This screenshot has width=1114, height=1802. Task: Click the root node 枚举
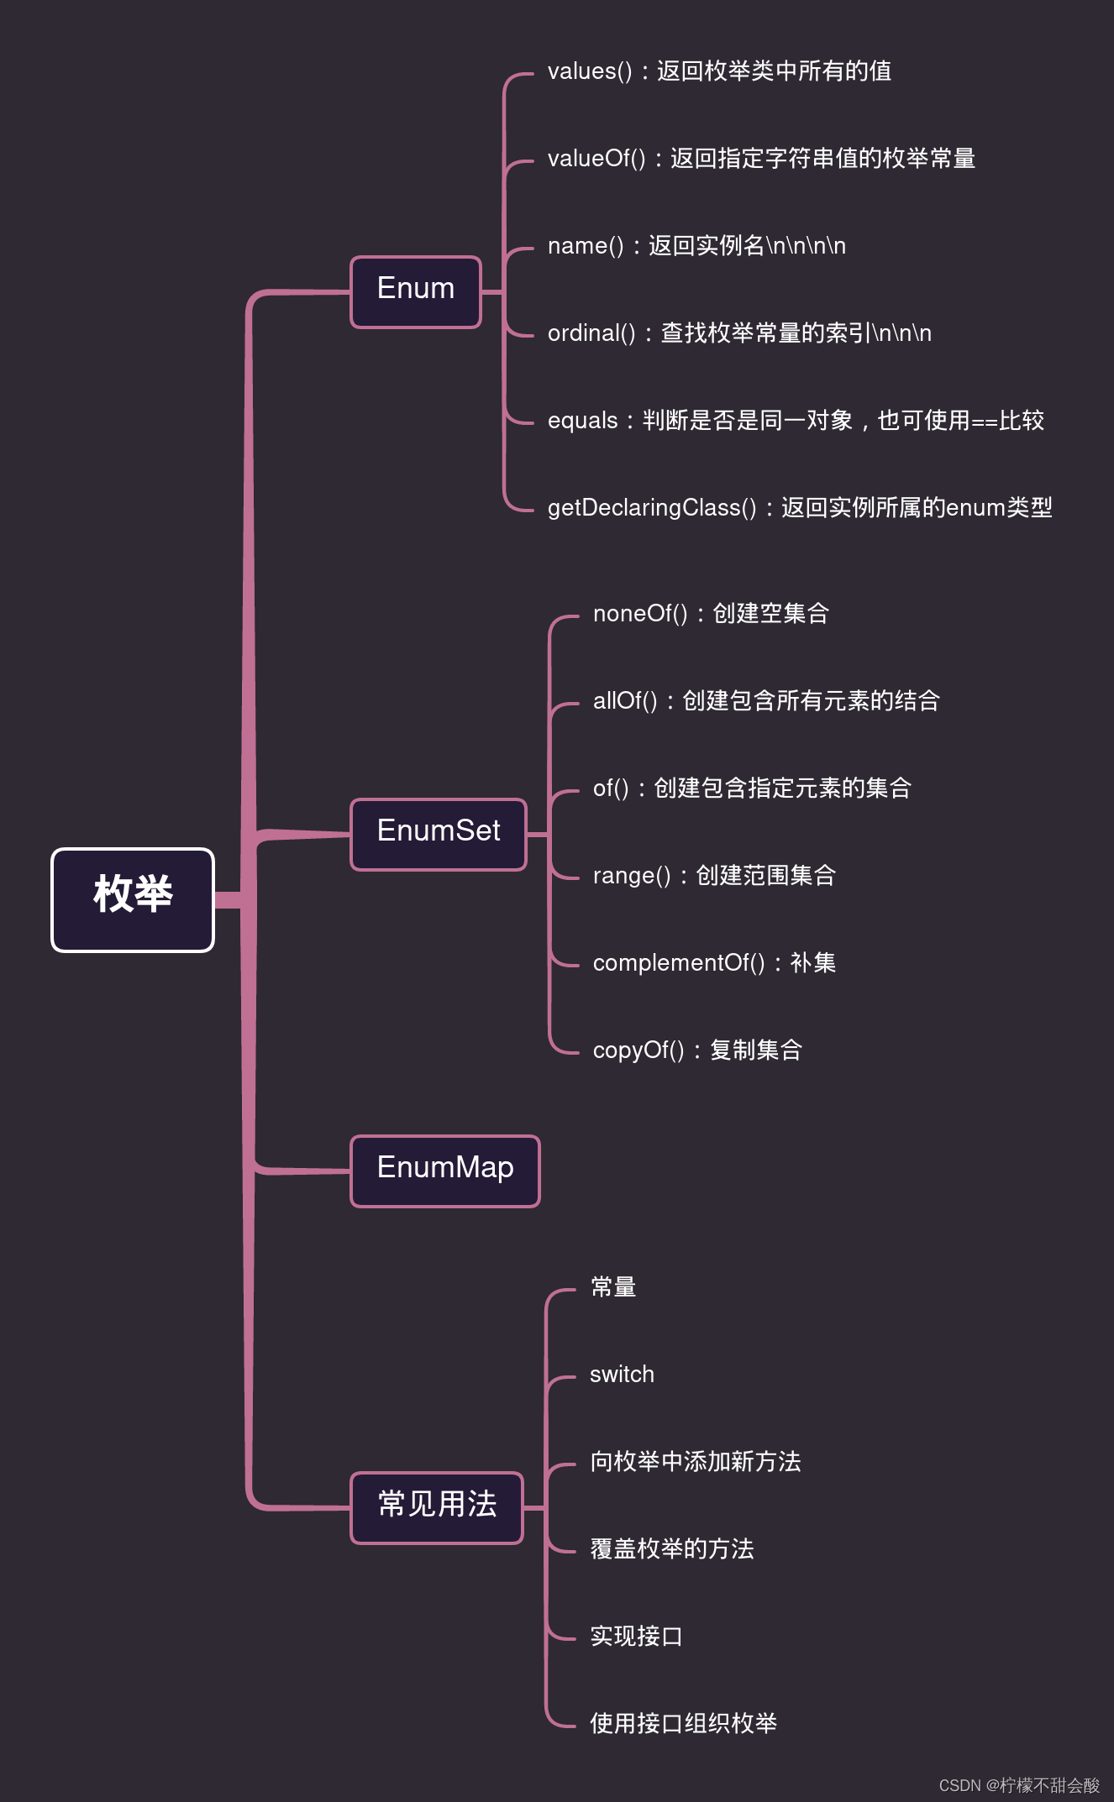coord(133,900)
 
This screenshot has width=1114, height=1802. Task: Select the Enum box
coord(416,292)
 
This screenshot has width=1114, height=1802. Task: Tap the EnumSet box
coord(439,835)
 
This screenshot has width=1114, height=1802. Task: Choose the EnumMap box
coord(445,1171)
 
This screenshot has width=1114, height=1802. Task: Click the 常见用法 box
coord(437,1508)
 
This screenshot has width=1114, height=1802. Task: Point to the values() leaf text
coord(719,71)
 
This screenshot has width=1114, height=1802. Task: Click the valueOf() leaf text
coord(761,159)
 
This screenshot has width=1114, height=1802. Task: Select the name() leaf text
coord(696,246)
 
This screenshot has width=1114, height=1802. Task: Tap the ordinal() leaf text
coord(739,333)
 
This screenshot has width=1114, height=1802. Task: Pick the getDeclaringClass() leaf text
coord(800,508)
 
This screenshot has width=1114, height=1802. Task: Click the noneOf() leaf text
coord(711,614)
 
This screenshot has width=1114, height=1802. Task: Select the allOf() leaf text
coord(766,701)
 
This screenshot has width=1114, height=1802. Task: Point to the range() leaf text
coord(714,876)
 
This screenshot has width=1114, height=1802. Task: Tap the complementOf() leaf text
coord(714,963)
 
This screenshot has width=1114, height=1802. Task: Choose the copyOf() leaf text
coord(697,1050)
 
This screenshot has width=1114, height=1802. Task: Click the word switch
coord(622,1375)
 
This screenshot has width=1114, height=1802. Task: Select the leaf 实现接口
coord(636,1637)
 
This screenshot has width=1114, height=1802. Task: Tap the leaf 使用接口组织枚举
coord(683,1724)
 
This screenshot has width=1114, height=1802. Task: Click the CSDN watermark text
coord(1019,1785)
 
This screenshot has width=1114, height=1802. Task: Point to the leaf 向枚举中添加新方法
coord(695,1462)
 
